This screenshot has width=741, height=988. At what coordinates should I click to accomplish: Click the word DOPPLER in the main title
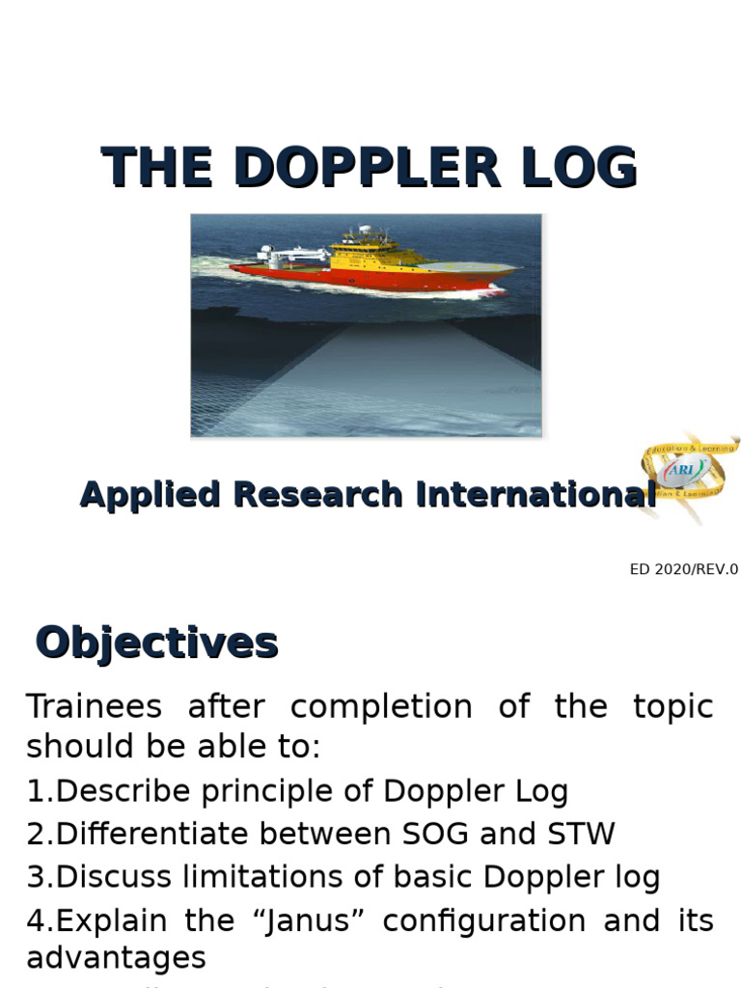(x=367, y=168)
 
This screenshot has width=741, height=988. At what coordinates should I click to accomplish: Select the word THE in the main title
(x=157, y=168)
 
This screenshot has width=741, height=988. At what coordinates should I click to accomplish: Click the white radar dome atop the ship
(x=365, y=232)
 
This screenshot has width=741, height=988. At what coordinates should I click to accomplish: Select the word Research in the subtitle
(x=317, y=494)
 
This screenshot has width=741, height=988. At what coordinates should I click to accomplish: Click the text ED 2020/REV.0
(x=683, y=569)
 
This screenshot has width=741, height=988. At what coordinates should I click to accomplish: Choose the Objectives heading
(x=156, y=643)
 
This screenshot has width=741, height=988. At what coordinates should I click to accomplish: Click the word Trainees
(x=94, y=706)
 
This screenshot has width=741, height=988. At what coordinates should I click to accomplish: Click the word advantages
(x=116, y=958)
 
